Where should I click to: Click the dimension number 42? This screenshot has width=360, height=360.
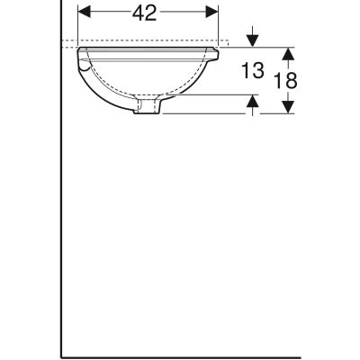[148, 13]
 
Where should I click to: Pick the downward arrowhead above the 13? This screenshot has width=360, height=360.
[254, 40]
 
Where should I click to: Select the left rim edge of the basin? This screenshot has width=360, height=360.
[79, 52]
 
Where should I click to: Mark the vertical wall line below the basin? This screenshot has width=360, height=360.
[62, 225]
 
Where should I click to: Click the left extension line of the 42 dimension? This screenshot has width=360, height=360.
[78, 27]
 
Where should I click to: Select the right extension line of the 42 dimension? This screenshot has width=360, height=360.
[219, 27]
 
